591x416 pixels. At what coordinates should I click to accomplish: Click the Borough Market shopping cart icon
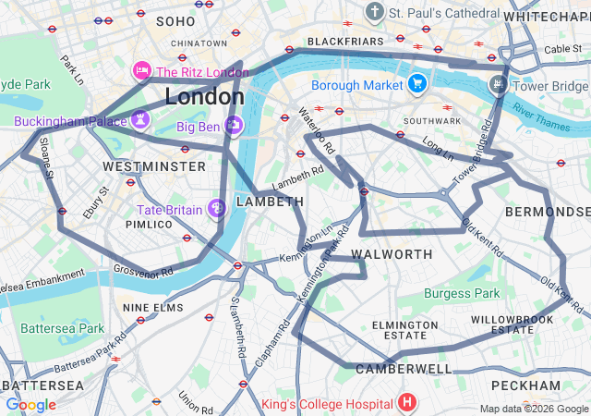[417, 84]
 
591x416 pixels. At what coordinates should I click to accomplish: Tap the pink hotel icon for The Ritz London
[141, 71]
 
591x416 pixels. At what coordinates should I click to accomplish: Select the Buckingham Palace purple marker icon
[140, 119]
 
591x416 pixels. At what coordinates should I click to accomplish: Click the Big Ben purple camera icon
[234, 125]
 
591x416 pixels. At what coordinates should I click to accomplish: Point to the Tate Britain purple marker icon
[217, 209]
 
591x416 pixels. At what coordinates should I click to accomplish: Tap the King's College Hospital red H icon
[407, 403]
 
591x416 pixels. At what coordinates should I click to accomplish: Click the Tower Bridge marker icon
[499, 84]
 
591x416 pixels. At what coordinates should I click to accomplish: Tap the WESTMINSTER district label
[154, 166]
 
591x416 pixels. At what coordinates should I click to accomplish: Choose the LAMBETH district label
[270, 202]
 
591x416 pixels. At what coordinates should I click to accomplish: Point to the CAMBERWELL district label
[404, 369]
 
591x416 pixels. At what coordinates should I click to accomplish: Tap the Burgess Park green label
[462, 294]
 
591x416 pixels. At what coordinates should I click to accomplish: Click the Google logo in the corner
[30, 405]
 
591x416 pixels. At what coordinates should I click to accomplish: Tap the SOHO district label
[175, 20]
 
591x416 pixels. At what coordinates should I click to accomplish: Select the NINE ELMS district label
[152, 307]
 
